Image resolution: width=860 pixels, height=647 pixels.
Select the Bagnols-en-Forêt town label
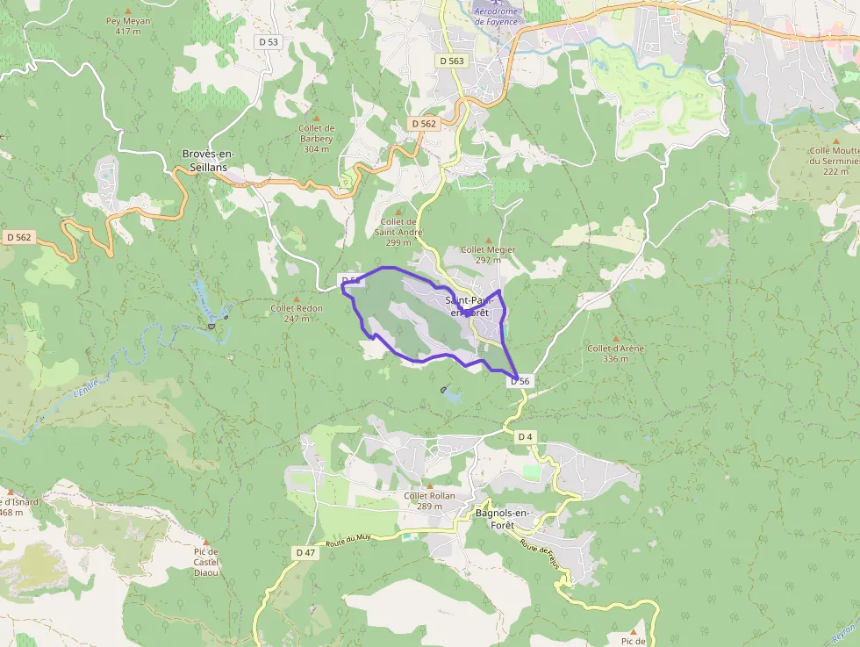point(504,518)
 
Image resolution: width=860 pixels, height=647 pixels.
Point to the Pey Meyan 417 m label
point(128,26)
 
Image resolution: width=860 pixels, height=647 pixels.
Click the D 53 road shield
point(269,41)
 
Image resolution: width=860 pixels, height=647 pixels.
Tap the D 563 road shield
point(451,61)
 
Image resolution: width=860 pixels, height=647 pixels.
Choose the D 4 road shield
point(525,436)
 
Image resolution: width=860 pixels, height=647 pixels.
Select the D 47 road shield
point(305,552)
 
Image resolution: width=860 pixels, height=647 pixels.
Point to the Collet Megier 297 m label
point(494,255)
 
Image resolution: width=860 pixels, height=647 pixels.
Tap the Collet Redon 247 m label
point(297,313)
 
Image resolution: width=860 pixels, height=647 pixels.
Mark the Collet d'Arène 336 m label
point(615,353)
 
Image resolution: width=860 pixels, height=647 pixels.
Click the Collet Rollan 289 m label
point(429,500)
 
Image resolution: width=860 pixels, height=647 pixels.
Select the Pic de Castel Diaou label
point(205,562)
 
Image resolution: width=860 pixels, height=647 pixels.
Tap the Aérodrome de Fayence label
point(498,16)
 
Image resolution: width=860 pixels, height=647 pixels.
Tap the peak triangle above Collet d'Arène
point(615,338)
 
